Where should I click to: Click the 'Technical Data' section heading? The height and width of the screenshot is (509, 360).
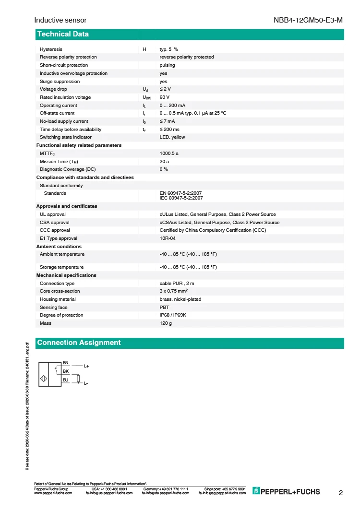pos(63,34)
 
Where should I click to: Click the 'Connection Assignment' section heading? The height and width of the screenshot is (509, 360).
pos(79,343)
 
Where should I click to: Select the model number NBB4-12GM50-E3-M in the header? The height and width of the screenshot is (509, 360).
pos(309,21)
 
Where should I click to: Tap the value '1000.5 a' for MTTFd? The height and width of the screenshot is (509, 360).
pos(169,154)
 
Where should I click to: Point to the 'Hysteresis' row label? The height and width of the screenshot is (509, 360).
pos(51,49)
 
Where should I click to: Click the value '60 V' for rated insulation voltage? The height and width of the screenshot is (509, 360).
pos(165,97)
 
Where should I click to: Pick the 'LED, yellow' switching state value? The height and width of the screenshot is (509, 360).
pos(172,137)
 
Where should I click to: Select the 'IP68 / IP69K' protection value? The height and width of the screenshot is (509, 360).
pos(175,315)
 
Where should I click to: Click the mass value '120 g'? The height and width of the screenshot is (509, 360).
pos(166,323)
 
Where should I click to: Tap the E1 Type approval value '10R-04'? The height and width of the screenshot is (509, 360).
pos(168,238)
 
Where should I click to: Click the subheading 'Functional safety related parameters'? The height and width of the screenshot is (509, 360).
pos(79,145)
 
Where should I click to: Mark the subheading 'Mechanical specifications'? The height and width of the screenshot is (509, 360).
pos(66,275)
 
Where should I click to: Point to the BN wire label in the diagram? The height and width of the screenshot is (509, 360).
pos(66,362)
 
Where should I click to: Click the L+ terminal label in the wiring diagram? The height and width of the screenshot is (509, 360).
pos(87,367)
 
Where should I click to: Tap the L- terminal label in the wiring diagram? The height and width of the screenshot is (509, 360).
pos(86,384)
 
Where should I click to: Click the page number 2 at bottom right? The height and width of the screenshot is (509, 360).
pos(341,493)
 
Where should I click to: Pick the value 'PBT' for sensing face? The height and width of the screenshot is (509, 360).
pos(164,308)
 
